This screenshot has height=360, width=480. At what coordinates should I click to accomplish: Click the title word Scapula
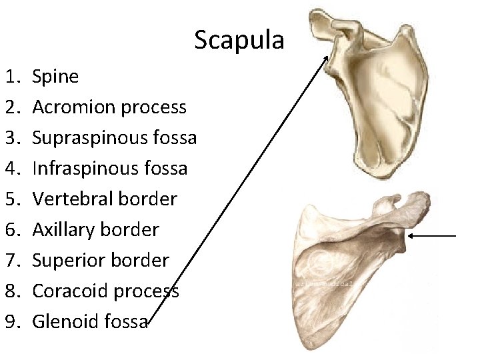coord(239,41)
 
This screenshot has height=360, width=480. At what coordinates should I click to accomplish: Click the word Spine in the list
coord(55,77)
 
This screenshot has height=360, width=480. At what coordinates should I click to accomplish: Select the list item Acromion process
coord(109,107)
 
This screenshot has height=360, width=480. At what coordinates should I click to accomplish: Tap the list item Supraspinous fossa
coord(114,138)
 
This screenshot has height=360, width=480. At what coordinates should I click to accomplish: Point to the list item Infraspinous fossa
coord(110,168)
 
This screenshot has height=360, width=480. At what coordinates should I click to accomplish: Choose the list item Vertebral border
coord(105,199)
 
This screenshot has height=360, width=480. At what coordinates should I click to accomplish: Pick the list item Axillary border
coord(95,230)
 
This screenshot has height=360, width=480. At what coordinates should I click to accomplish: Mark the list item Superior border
coord(101,260)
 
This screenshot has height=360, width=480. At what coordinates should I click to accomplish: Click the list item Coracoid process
coord(105,291)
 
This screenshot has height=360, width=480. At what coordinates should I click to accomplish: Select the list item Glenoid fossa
coord(90,321)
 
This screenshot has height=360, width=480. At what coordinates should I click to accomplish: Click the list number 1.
coord(13,77)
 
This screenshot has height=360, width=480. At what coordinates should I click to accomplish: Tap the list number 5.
coord(13,199)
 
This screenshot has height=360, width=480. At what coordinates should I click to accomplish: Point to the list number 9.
coord(13,321)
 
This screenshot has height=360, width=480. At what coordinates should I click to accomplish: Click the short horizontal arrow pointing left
coord(432,235)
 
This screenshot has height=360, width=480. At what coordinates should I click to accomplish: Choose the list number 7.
coord(13,260)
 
